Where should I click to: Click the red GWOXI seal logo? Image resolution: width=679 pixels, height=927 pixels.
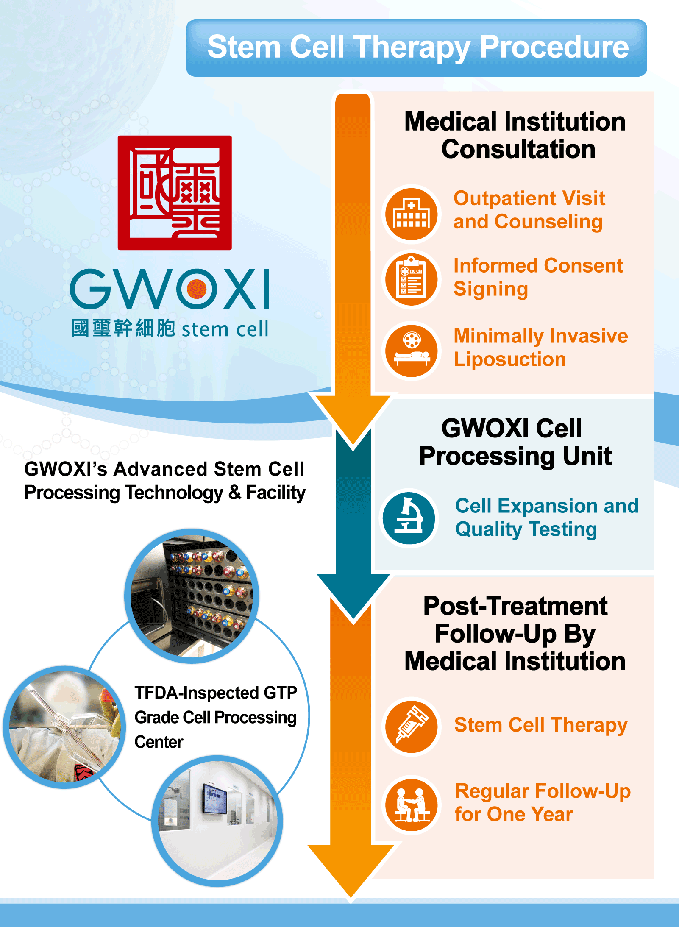point(175,193)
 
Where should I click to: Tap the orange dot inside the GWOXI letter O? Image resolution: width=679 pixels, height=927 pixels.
point(196,289)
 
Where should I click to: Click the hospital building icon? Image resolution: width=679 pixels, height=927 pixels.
point(412,214)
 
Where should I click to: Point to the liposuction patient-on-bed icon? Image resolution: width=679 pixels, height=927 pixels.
point(412,350)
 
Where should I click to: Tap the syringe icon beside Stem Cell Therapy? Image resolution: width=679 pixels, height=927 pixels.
point(412,726)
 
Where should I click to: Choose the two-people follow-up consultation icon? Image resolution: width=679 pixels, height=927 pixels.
point(412,804)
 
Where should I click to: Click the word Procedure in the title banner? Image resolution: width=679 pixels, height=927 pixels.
point(554,47)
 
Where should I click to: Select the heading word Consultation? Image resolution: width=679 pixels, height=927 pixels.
point(518,149)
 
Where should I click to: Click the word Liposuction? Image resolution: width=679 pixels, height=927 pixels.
point(510,359)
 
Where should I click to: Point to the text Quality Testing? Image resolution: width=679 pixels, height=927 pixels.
point(526,529)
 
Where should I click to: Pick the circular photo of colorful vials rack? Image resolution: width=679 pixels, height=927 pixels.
point(192,596)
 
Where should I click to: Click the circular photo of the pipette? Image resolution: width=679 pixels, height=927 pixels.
point(64,727)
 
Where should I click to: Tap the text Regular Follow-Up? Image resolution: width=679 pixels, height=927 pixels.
point(543,791)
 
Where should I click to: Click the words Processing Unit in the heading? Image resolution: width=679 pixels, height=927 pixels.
point(515,456)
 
